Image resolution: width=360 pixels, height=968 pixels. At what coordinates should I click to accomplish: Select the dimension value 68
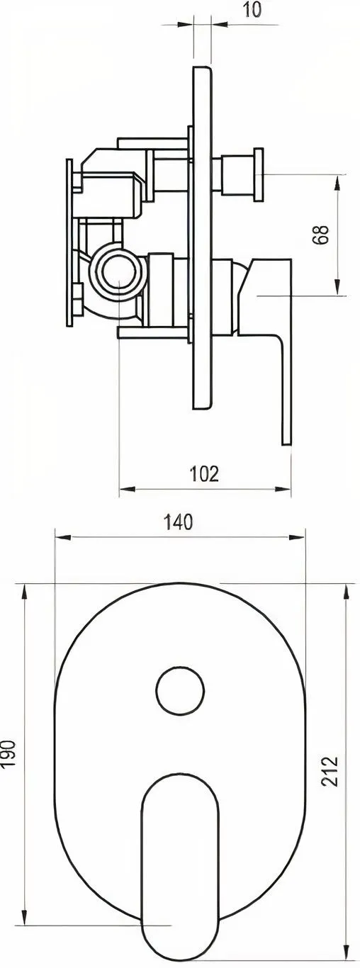(x=322, y=235)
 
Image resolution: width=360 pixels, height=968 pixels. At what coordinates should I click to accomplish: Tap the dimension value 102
(x=204, y=473)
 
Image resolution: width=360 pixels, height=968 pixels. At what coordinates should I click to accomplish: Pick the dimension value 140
(x=178, y=522)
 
